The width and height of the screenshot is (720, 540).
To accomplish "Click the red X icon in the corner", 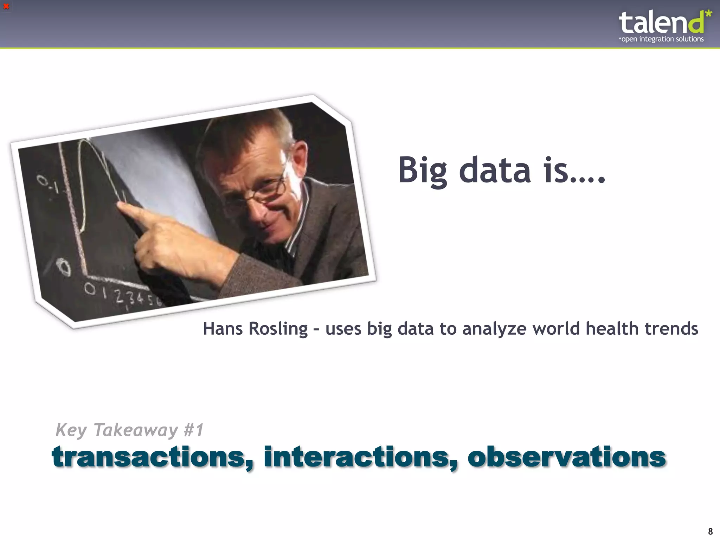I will [x=6, y=6].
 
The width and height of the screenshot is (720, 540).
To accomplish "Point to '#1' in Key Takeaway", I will [x=194, y=430].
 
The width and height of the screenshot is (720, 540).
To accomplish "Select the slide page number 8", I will [x=710, y=531].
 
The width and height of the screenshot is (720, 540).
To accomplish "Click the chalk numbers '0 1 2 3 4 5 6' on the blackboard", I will [x=123, y=295].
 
